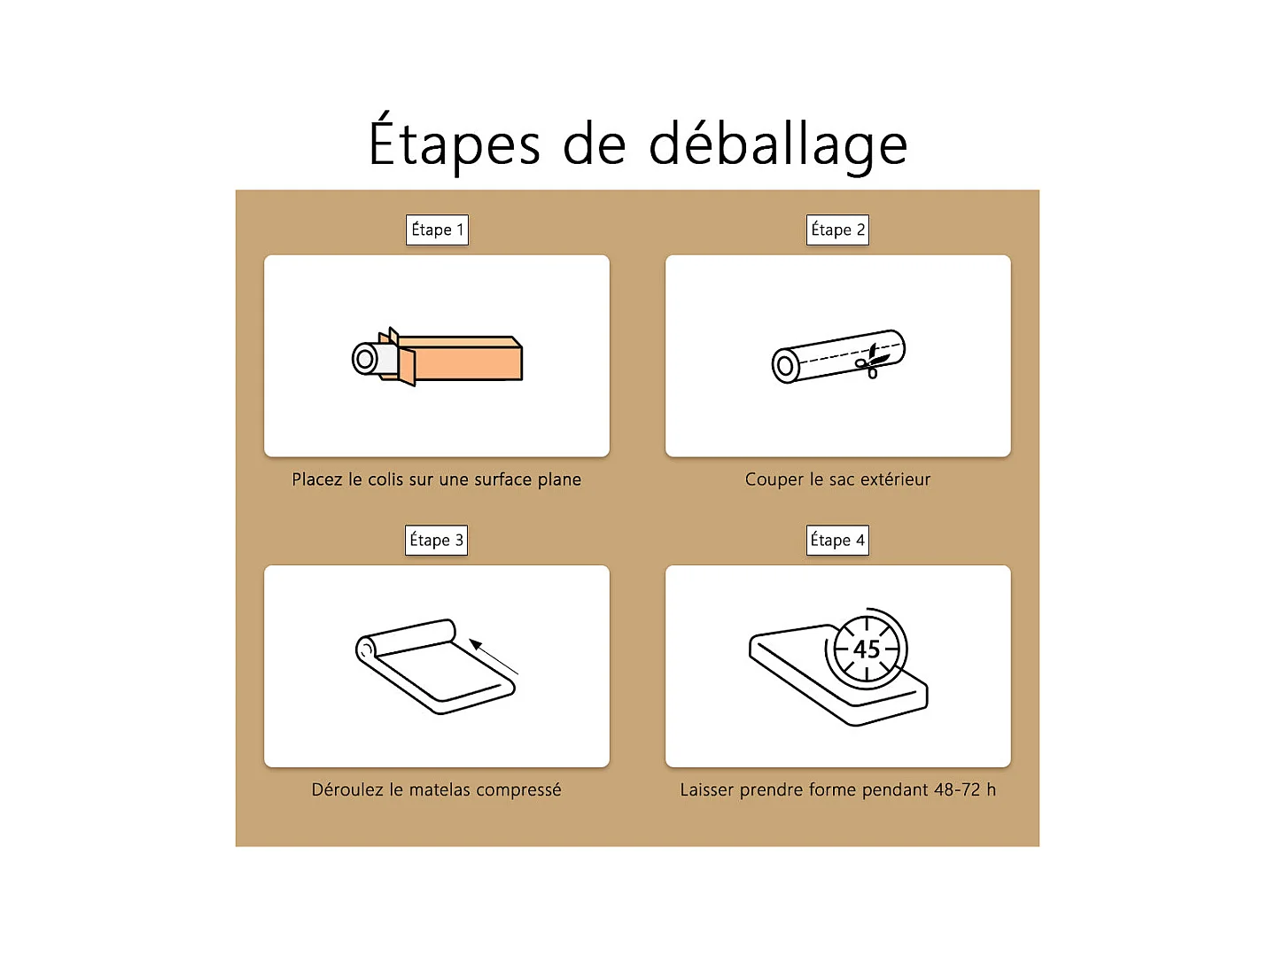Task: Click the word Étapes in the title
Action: tap(454, 144)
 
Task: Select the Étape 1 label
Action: tap(437, 230)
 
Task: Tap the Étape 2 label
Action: tap(837, 230)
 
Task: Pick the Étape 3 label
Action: tap(436, 541)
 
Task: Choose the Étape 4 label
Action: tap(837, 541)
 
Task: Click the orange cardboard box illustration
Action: tap(465, 360)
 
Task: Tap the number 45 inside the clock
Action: tap(867, 650)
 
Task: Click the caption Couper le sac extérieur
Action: tap(837, 479)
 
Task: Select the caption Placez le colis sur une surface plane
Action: tap(436, 479)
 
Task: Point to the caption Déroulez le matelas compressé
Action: tap(436, 790)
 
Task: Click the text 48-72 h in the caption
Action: tap(964, 790)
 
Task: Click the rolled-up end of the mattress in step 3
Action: tap(366, 649)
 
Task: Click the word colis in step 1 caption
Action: tap(385, 479)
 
